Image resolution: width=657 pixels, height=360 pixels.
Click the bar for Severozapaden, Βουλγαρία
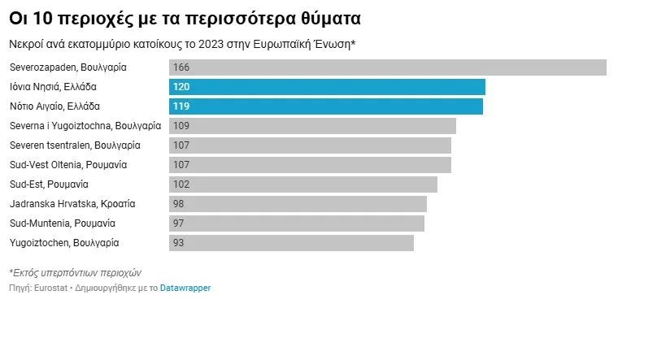pyautogui.click(x=387, y=67)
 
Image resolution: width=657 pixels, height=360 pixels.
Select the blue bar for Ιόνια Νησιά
pyautogui.click(x=327, y=87)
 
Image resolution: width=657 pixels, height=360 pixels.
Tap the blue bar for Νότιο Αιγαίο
pyautogui.click(x=325, y=106)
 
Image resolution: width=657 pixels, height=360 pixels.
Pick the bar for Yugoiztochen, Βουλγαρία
pyautogui.click(x=291, y=243)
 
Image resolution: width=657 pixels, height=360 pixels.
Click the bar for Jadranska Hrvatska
pyautogui.click(x=298, y=204)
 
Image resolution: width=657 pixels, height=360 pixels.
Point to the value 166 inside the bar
pyautogui.click(x=181, y=67)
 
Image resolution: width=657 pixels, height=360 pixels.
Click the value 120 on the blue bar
pyautogui.click(x=181, y=87)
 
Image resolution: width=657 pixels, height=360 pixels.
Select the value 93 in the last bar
pyautogui.click(x=179, y=243)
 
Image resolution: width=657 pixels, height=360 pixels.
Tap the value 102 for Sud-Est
pyautogui.click(x=181, y=184)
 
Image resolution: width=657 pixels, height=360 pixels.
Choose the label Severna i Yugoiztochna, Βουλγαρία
pyautogui.click(x=85, y=126)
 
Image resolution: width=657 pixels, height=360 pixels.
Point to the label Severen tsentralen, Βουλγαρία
pyautogui.click(x=75, y=145)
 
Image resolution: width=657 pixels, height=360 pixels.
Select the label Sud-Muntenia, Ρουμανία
pyautogui.click(x=63, y=223)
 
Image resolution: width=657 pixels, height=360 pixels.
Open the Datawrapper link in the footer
pyautogui.click(x=185, y=288)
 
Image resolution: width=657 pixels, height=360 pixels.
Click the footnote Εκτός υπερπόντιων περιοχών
pyautogui.click(x=75, y=273)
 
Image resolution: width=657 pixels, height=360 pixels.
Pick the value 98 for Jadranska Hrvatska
pyautogui.click(x=179, y=204)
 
